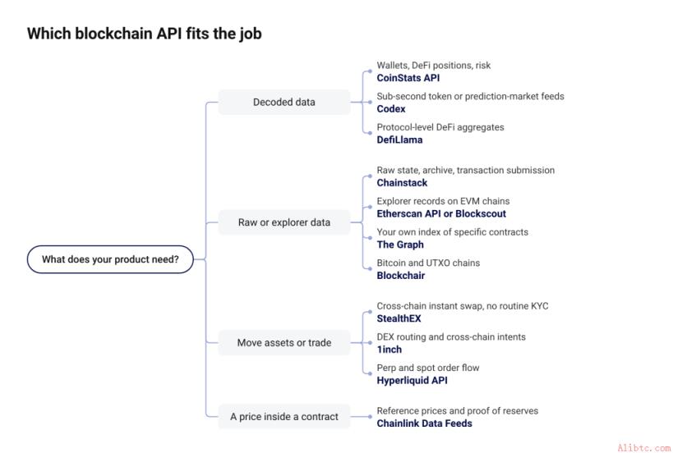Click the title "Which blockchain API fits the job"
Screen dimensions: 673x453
145,34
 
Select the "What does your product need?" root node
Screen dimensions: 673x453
110,259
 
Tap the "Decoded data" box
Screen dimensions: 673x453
284,102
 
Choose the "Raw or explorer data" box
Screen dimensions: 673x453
284,222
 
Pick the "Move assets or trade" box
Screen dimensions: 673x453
284,343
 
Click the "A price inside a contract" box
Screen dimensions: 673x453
284,417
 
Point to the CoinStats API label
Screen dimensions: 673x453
408,78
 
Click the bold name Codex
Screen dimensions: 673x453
391,109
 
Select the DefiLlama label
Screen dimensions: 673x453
399,140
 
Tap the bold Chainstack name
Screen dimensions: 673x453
402,182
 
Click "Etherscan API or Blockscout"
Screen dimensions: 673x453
441,213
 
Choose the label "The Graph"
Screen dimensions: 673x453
400,245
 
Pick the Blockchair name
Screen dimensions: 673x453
401,275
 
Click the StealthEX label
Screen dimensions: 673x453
399,318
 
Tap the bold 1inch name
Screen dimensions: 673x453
390,350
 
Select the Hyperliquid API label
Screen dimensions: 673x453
412,380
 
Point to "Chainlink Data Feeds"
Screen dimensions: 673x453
425,423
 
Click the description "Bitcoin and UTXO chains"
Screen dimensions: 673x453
428,263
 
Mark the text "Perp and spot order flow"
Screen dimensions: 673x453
428,368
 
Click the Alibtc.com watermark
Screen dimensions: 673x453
643,448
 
